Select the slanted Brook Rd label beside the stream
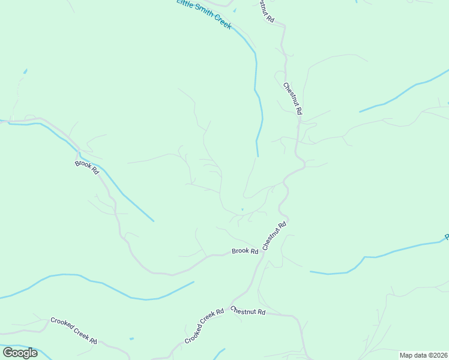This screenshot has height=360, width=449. (x=86, y=167)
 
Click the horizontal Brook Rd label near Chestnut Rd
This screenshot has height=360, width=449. (x=245, y=251)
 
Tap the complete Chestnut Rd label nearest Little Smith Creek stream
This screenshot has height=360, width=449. (x=292, y=98)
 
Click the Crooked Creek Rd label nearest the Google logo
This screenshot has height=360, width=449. (x=73, y=331)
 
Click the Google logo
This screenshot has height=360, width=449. (x=20, y=352)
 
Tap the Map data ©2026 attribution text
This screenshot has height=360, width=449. (x=423, y=355)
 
